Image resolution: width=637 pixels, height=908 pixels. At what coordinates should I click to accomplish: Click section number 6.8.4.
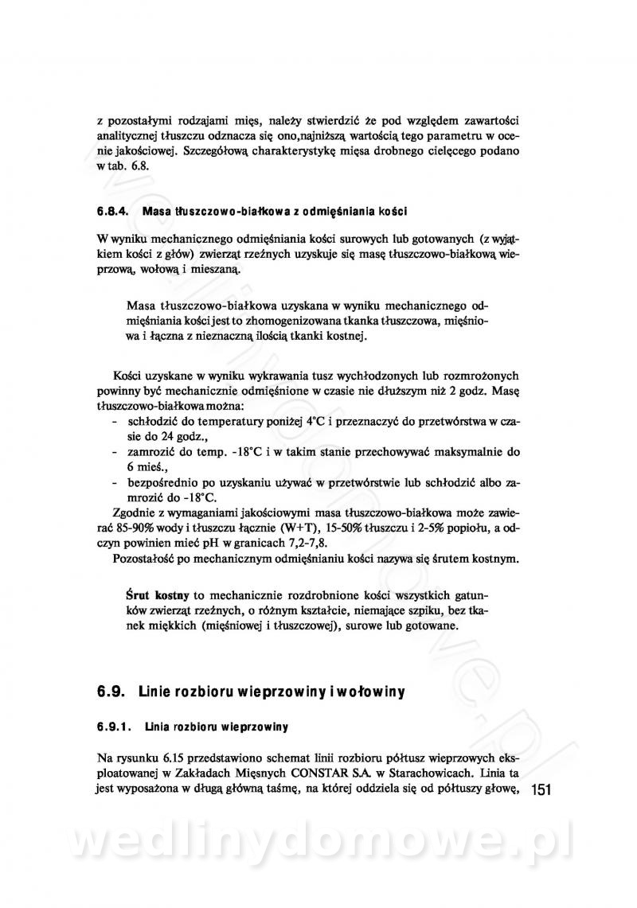pyautogui.click(x=114, y=212)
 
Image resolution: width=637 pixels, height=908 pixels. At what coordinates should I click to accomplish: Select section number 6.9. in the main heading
pyautogui.click(x=111, y=692)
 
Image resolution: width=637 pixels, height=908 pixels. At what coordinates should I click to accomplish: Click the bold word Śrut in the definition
pyautogui.click(x=139, y=594)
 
